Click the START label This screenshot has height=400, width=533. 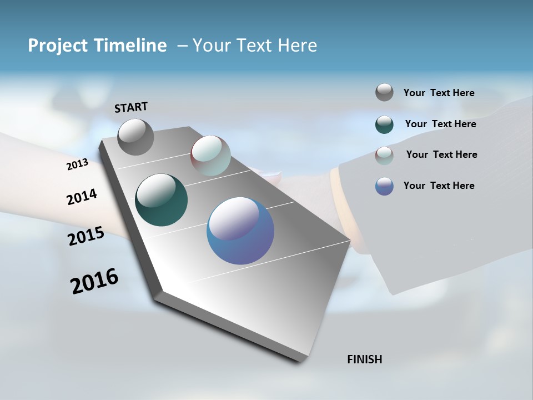point(131,107)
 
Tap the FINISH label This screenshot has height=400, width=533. point(364,359)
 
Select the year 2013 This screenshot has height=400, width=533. point(77,164)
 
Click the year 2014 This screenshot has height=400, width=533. point(82,197)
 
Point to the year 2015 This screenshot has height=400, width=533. point(86,236)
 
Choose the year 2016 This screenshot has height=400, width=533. point(94,281)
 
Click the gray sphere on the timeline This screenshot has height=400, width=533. point(135,137)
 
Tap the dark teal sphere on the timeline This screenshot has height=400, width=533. point(161,200)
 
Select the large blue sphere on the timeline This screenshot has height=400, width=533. point(240,231)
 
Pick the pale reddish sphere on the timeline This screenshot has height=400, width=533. point(210,156)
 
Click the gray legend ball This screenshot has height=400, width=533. point(384,92)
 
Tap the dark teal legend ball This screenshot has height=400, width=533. point(384,124)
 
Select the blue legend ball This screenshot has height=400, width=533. point(384,186)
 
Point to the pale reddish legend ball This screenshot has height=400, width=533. point(384,156)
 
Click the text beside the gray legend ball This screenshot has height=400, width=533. point(439,93)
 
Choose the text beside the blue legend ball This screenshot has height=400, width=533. point(439,186)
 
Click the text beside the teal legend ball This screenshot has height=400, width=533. point(440,124)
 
